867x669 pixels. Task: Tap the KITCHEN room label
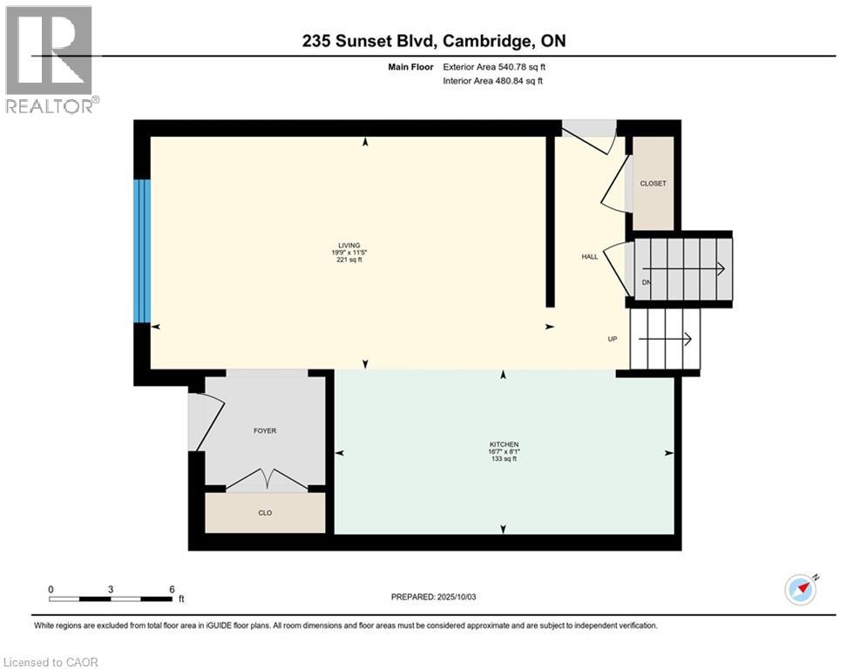point(503,445)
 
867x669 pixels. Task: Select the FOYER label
point(265,430)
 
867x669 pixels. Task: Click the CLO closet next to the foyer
point(265,513)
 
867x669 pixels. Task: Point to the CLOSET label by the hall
point(653,184)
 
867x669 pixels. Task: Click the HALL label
point(590,257)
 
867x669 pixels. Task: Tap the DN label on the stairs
point(646,282)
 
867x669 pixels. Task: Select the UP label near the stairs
point(613,339)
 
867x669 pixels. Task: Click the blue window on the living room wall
point(142,250)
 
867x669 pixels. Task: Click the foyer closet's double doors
point(265,480)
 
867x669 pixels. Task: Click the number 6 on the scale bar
point(172,589)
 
